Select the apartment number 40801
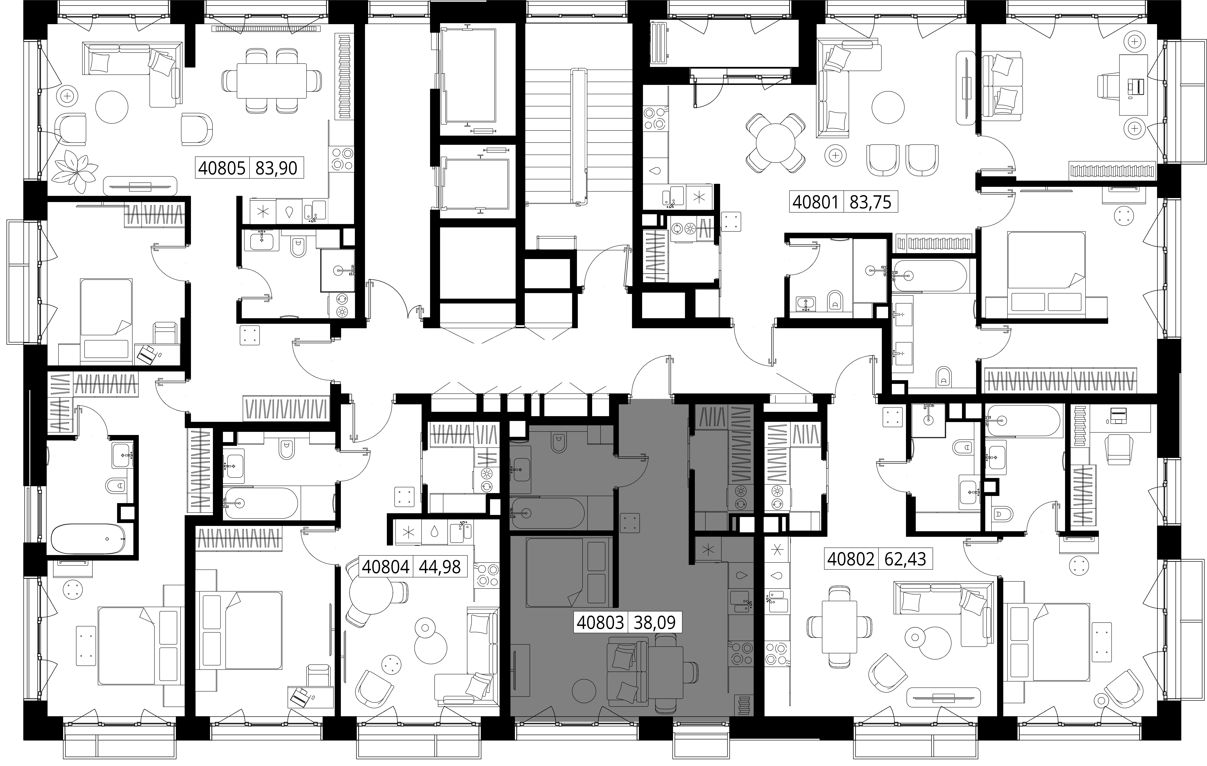[816, 202]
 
